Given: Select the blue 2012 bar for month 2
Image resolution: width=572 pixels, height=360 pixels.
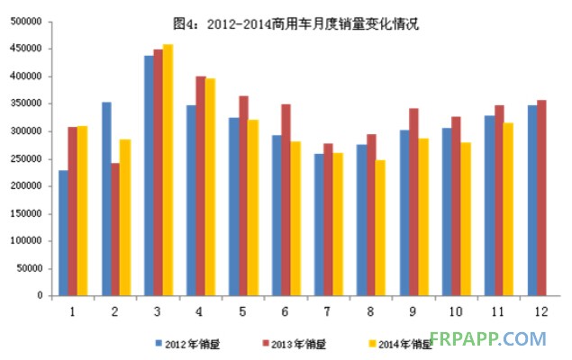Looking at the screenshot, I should click(106, 198).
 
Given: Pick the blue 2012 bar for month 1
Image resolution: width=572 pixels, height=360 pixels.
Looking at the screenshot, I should click(63, 232).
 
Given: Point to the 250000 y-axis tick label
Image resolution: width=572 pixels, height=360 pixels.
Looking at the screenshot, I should click(27, 158).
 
